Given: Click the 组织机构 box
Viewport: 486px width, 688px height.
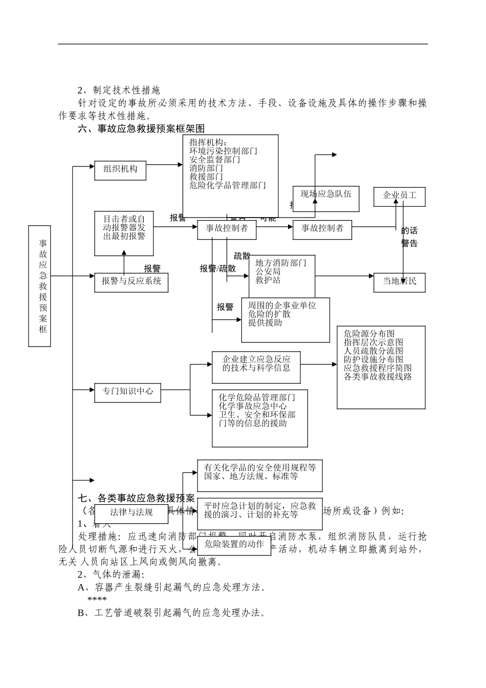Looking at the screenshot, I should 120,169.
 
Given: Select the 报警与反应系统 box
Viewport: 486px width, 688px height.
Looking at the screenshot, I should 131,282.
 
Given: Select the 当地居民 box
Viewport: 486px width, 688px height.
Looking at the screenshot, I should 400,282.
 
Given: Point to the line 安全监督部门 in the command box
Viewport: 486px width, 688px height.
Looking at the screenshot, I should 215,160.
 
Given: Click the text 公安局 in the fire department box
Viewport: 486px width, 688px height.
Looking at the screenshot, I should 268,272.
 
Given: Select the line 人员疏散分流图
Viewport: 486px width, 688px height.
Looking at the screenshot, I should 373,351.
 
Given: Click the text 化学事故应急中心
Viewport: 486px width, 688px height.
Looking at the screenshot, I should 253,406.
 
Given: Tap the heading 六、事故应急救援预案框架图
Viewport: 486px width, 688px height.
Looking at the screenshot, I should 141,129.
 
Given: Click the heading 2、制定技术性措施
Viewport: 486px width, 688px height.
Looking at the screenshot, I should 119,91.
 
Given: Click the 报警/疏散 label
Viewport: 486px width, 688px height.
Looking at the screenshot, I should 218,269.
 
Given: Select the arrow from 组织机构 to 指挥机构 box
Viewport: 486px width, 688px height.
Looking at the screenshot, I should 164,165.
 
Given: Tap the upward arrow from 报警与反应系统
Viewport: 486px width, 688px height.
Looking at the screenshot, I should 124,262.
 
